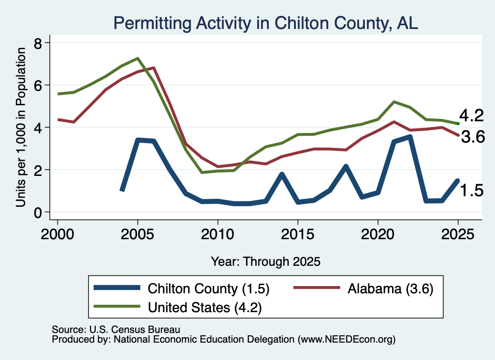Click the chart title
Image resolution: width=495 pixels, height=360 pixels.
pyautogui.click(x=265, y=23)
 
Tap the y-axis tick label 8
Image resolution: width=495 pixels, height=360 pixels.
pyautogui.click(x=38, y=43)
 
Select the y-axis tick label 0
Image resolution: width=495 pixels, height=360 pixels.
pyautogui.click(x=38, y=213)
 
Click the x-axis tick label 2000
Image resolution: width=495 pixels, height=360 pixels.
pyautogui.click(x=58, y=234)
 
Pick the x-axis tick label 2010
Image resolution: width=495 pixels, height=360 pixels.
pyautogui.click(x=218, y=234)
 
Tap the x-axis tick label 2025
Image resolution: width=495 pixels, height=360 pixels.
pyautogui.click(x=458, y=234)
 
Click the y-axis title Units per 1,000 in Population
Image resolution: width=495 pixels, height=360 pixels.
pyautogui.click(x=21, y=127)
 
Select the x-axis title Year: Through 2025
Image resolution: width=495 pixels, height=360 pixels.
pyautogui.click(x=265, y=261)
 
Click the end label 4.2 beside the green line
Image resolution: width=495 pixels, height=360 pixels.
pyautogui.click(x=471, y=115)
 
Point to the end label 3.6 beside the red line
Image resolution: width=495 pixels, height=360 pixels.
pyautogui.click(x=473, y=137)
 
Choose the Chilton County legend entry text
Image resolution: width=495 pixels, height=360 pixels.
pyautogui.click(x=208, y=288)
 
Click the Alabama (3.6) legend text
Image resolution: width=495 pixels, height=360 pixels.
pyautogui.click(x=391, y=288)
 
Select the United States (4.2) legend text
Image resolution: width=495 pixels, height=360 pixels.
pyautogui.click(x=205, y=307)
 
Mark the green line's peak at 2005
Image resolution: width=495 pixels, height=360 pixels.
pyautogui.click(x=138, y=58)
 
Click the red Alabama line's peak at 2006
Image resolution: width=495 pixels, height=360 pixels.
pyautogui.click(x=154, y=68)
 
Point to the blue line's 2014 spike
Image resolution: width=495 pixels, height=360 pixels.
pyautogui.click(x=282, y=174)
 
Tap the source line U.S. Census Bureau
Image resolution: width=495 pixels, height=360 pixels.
pyautogui.click(x=116, y=330)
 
